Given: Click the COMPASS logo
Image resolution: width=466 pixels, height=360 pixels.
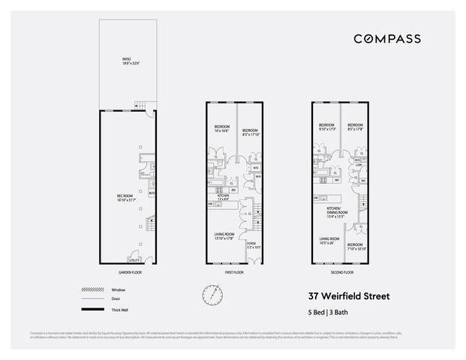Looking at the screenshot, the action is (x=386, y=38).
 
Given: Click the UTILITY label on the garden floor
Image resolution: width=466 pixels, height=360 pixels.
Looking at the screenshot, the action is (x=135, y=259).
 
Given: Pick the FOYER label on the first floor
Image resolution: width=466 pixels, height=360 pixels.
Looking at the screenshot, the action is (x=251, y=244).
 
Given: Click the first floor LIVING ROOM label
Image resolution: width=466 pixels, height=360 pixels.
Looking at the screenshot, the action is (x=224, y=235).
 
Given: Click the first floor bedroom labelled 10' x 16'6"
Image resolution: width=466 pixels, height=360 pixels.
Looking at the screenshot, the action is (x=223, y=128).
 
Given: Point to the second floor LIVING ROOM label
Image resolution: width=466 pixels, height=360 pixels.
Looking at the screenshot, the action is (x=329, y=240).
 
